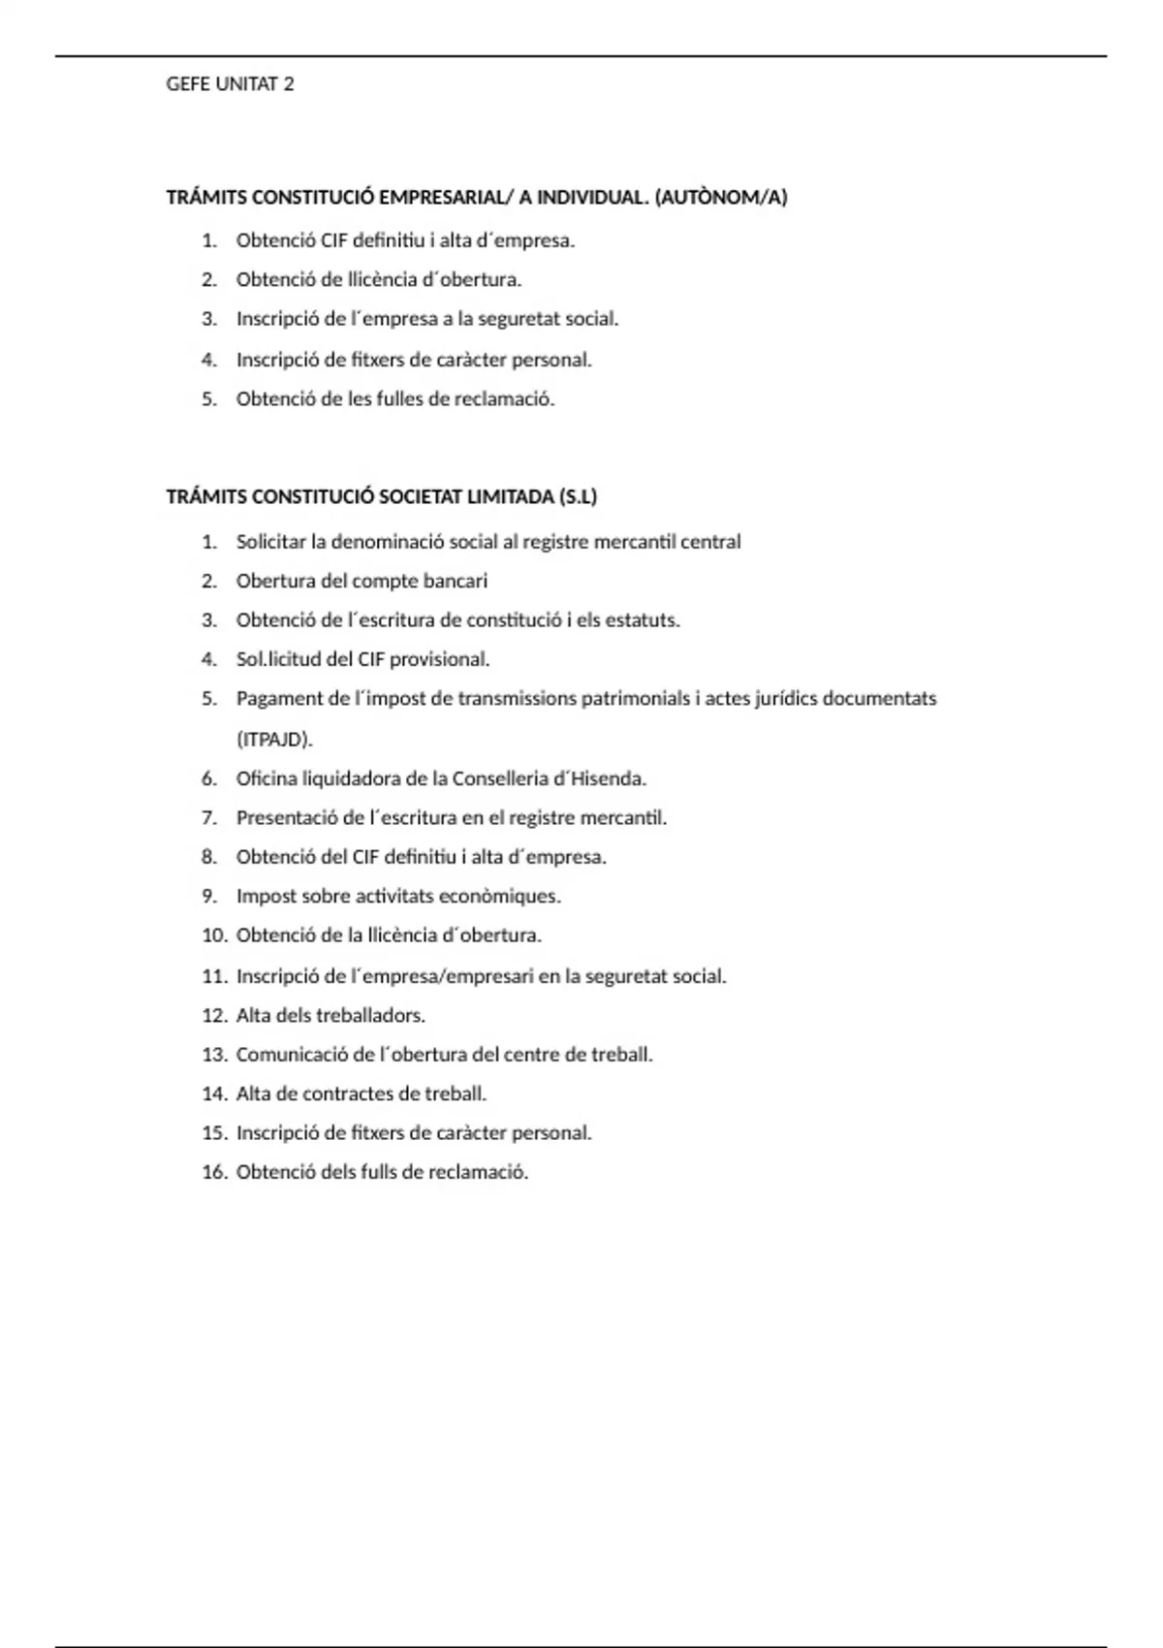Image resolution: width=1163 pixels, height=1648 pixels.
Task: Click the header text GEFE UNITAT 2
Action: click(230, 84)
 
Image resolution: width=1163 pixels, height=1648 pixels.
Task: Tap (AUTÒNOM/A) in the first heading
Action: click(721, 198)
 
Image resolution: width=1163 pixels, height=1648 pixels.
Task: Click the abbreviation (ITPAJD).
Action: click(274, 739)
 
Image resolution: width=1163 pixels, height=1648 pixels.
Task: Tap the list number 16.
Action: click(213, 1172)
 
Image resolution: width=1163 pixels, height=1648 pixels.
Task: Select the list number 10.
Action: click(213, 935)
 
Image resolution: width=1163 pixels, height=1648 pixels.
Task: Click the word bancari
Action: click(456, 581)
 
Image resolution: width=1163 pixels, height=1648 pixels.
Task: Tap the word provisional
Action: click(439, 659)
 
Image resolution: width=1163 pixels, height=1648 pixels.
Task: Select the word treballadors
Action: click(371, 1016)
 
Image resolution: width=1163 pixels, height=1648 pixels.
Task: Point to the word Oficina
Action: click(266, 778)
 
